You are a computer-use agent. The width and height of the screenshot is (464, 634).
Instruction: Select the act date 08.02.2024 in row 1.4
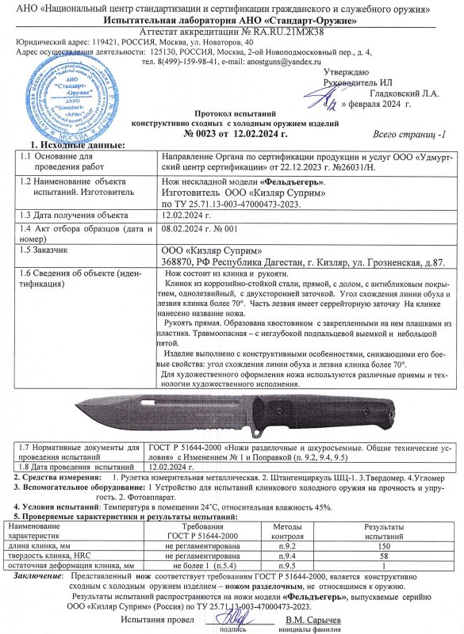(186, 228)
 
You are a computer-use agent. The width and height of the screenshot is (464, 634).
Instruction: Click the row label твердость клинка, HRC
(52, 556)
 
